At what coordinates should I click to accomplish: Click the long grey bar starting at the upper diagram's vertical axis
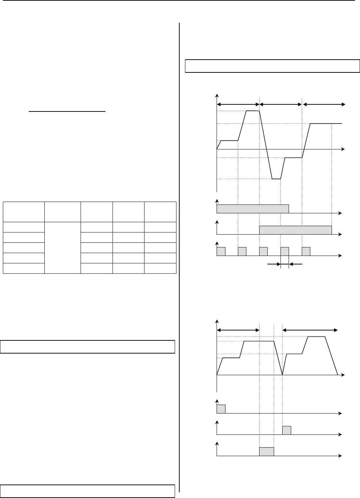pyautogui.click(x=252, y=209)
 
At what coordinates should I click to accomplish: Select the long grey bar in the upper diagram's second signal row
pyautogui.click(x=295, y=230)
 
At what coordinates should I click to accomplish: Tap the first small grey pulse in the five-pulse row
pyautogui.click(x=221, y=251)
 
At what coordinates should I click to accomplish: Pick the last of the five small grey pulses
pyautogui.click(x=306, y=251)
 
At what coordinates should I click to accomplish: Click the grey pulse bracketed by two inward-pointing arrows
pyautogui.click(x=285, y=251)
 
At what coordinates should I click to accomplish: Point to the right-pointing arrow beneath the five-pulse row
pyautogui.click(x=274, y=264)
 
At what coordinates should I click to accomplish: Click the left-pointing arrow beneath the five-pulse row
pyautogui.click(x=296, y=264)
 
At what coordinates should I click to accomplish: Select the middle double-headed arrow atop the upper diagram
pyautogui.click(x=281, y=104)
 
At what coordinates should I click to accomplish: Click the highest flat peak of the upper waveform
pyautogui.click(x=252, y=111)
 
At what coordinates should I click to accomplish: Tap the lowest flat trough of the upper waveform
pyautogui.click(x=276, y=179)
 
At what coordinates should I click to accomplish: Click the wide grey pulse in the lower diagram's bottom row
pyautogui.click(x=267, y=451)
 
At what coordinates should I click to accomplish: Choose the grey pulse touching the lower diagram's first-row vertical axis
pyautogui.click(x=221, y=409)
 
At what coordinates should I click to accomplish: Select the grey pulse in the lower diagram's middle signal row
pyautogui.click(x=287, y=430)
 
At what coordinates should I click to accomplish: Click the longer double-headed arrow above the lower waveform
pyautogui.click(x=310, y=330)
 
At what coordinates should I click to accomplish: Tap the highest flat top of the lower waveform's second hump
pyautogui.click(x=316, y=336)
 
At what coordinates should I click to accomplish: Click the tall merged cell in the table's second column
pyautogui.click(x=62, y=248)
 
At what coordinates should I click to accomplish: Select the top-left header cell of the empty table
pyautogui.click(x=24, y=212)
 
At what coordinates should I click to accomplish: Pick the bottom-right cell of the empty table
pyautogui.click(x=160, y=268)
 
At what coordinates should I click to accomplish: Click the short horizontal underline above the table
pyautogui.click(x=67, y=111)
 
